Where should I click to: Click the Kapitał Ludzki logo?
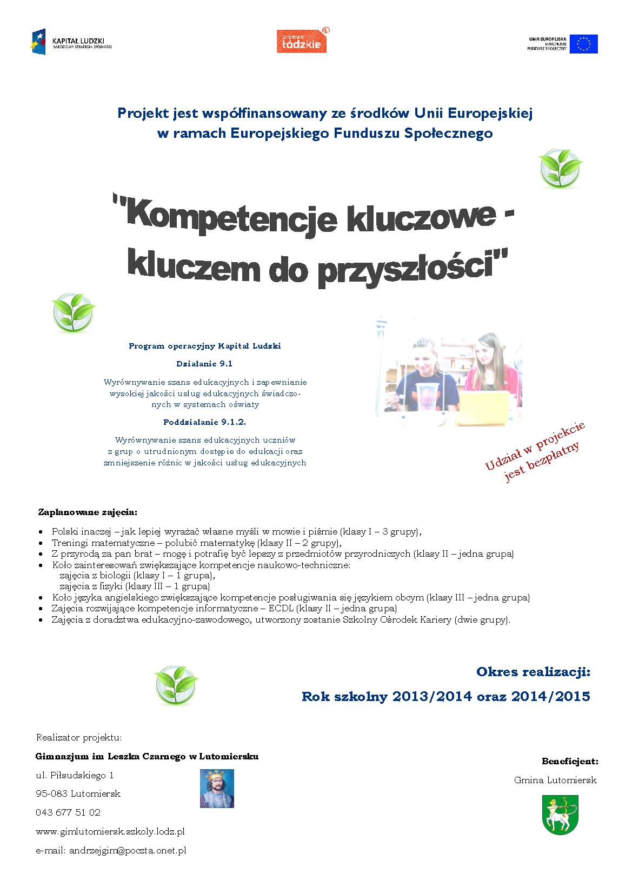(70, 42)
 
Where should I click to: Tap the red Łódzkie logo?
(302, 41)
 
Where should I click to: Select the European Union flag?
(583, 44)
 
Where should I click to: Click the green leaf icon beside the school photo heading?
(74, 312)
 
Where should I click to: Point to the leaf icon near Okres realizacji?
(176, 684)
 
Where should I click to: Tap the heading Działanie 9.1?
(204, 364)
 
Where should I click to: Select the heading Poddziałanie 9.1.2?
(204, 422)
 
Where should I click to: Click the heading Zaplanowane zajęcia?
(88, 512)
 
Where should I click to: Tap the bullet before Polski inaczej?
(41, 532)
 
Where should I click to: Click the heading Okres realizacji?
(533, 672)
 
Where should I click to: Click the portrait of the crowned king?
(217, 789)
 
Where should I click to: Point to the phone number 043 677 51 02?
(68, 812)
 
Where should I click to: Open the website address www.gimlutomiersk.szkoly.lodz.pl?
(110, 831)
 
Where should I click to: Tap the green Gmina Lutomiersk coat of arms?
(560, 814)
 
